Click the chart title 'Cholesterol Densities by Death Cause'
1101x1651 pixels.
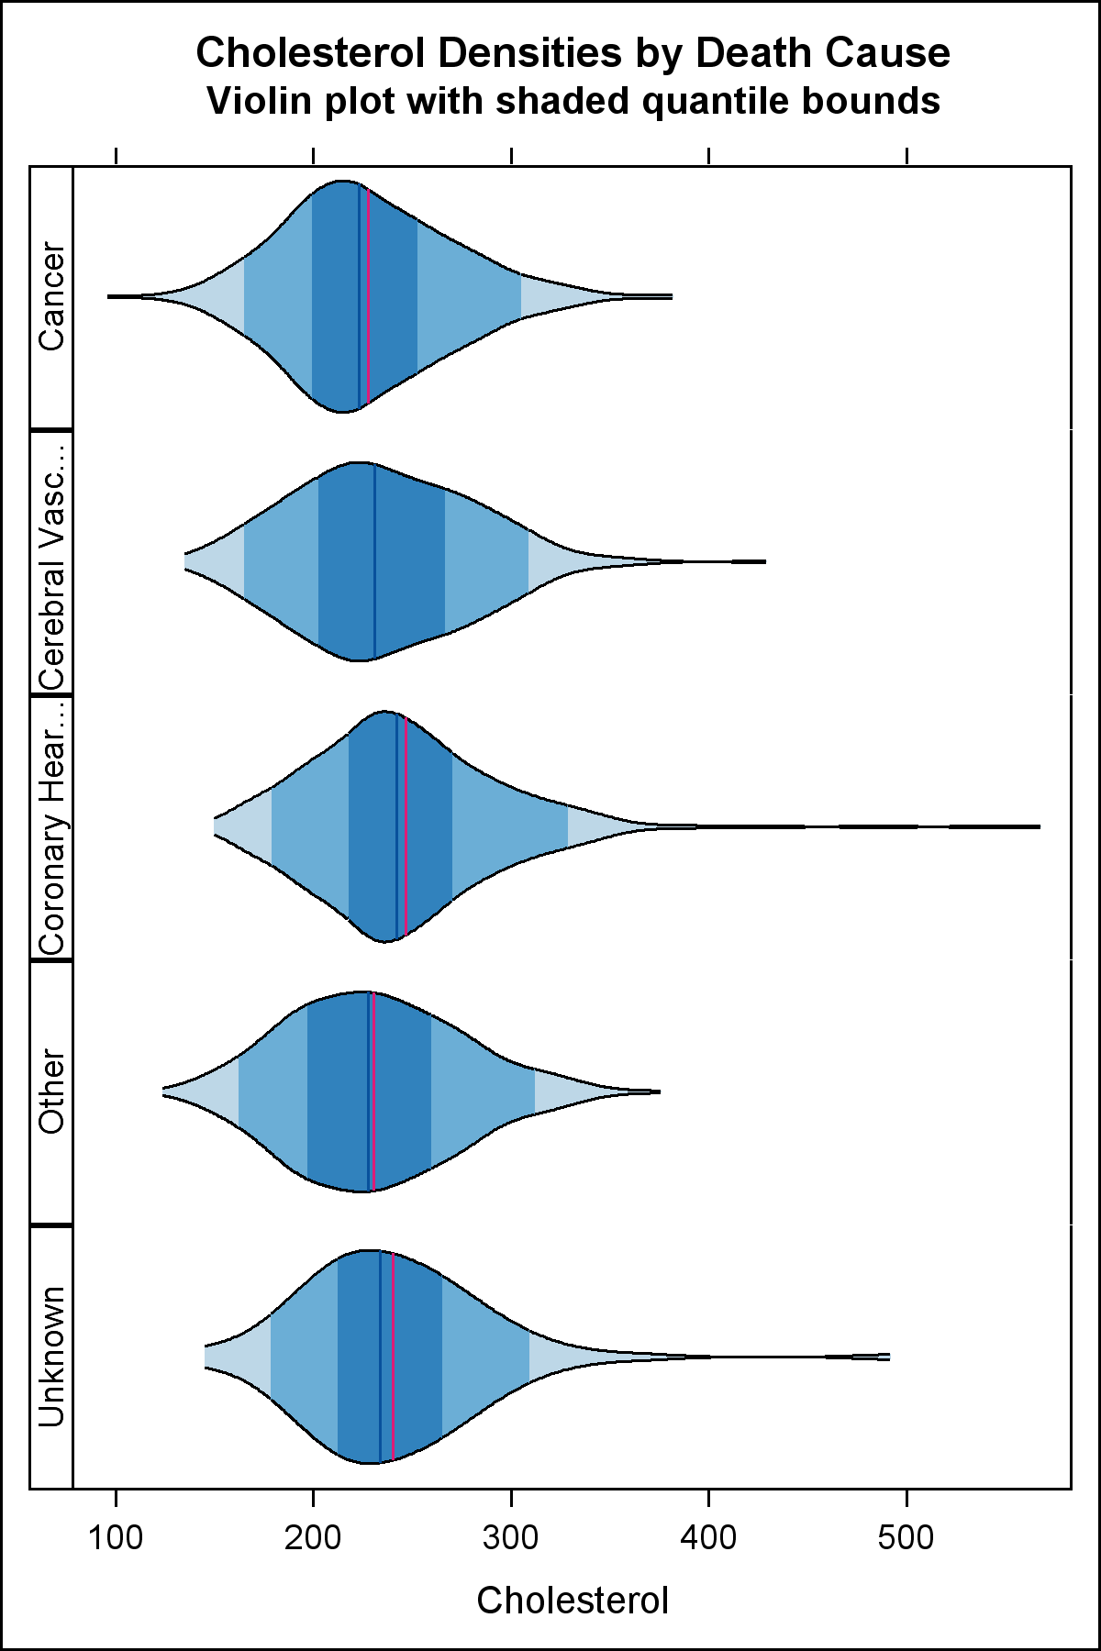click(573, 53)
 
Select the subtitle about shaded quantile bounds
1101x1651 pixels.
click(573, 101)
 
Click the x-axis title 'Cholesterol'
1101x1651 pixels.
click(573, 1601)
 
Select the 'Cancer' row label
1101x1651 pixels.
click(51, 296)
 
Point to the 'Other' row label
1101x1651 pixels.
click(51, 1091)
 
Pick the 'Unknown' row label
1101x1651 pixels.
click(51, 1357)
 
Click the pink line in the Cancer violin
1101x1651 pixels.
click(368, 296)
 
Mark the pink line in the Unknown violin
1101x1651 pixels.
click(393, 1357)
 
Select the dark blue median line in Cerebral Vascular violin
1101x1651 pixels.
click(374, 561)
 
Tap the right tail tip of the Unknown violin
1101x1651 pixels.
click(884, 1357)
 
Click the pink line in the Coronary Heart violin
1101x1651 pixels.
click(406, 826)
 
